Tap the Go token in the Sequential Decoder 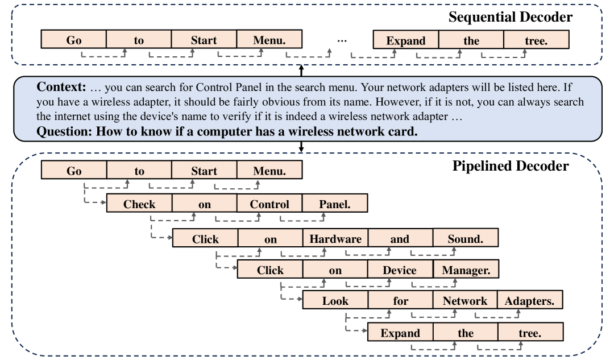pyautogui.click(x=74, y=41)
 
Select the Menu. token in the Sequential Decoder pyautogui.click(x=269, y=41)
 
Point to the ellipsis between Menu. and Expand pyautogui.click(x=343, y=41)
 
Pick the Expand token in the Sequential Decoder pyautogui.click(x=405, y=41)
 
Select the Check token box pyautogui.click(x=139, y=204)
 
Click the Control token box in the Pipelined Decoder pyautogui.click(x=269, y=204)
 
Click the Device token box pyautogui.click(x=400, y=271)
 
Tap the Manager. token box pyautogui.click(x=465, y=271)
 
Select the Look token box pyautogui.click(x=335, y=301)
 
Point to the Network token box pyautogui.click(x=465, y=301)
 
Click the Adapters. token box pyautogui.click(x=530, y=301)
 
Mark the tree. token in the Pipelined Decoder pyautogui.click(x=530, y=333)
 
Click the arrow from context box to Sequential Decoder pyautogui.click(x=301, y=71)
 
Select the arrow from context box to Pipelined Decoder pyautogui.click(x=301, y=147)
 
